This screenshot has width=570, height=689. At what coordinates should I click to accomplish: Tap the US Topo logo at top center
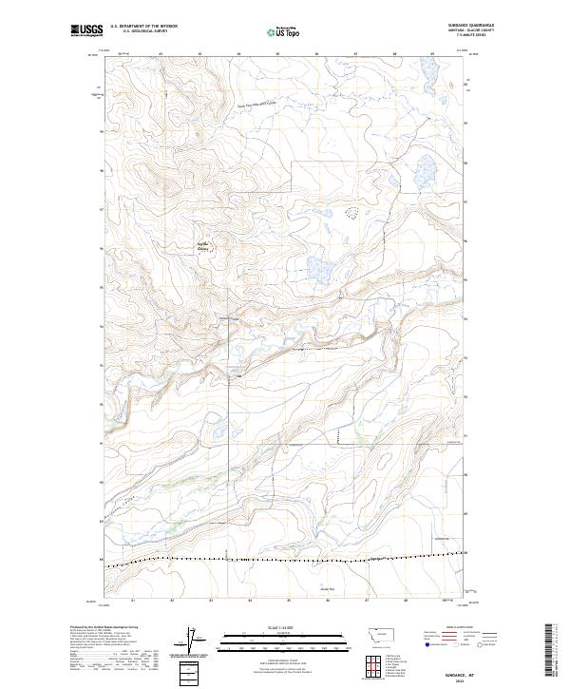tap(284, 31)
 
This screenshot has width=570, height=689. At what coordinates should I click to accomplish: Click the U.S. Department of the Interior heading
tap(143, 27)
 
